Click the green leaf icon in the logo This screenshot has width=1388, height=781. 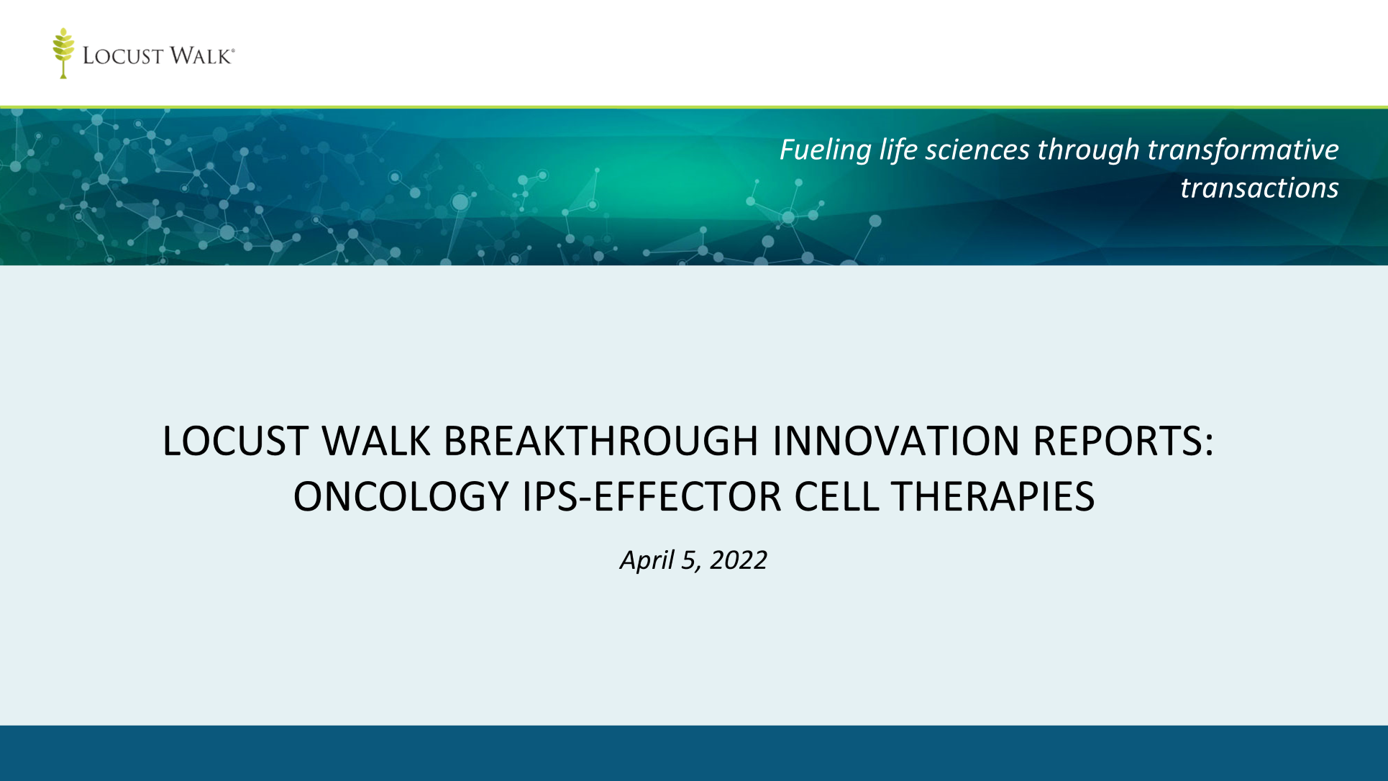63,53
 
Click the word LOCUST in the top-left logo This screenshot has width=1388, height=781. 123,56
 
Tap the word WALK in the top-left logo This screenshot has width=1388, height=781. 201,56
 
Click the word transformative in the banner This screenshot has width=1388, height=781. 1243,150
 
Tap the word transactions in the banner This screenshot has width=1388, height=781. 1259,188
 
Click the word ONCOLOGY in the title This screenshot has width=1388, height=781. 401,496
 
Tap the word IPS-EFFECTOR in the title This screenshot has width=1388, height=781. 652,496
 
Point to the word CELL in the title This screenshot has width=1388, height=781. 836,496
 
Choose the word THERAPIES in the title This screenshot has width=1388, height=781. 993,496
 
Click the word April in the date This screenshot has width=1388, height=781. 647,560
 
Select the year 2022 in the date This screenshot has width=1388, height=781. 739,560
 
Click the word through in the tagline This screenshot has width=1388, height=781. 1089,150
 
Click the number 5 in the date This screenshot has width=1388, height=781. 690,560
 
